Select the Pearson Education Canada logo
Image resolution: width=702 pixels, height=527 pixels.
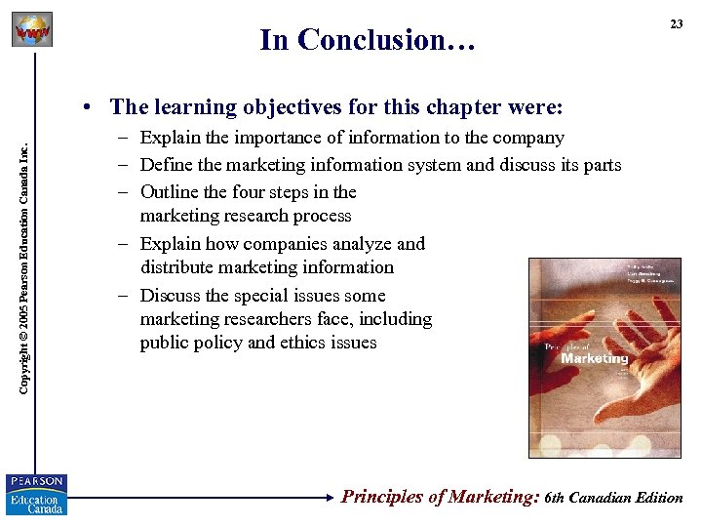36,494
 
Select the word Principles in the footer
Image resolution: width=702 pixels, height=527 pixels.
383,497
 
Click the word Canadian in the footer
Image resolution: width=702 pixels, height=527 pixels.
603,498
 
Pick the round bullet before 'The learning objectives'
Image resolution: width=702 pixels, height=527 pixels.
88,106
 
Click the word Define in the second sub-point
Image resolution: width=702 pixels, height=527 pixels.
165,165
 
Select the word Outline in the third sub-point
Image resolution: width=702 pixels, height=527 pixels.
169,192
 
